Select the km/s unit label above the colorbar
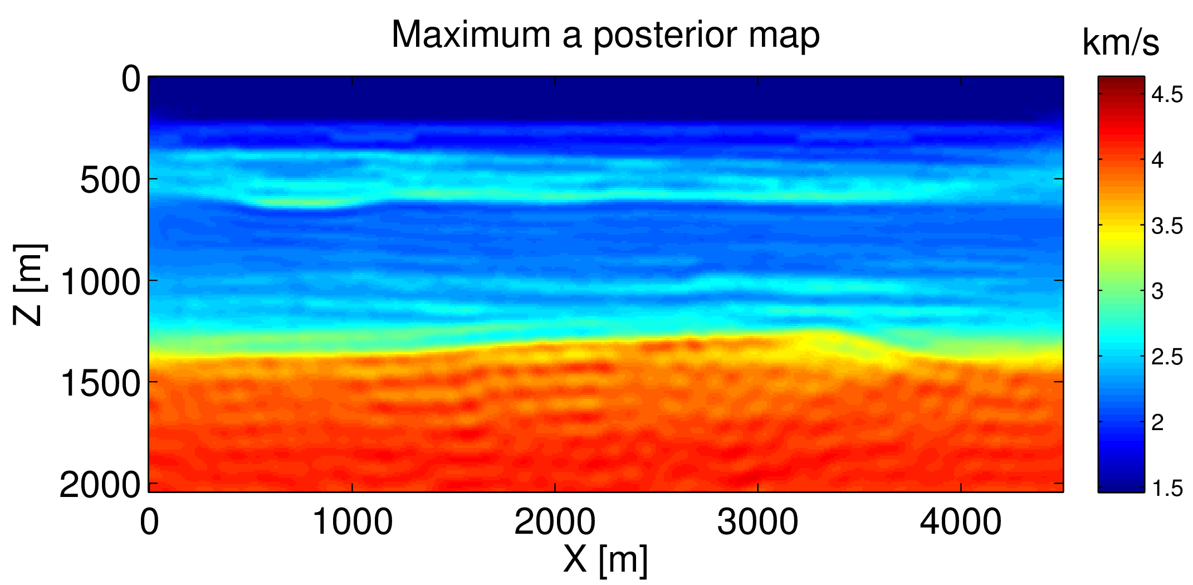pyautogui.click(x=1120, y=42)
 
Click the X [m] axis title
pyautogui.click(x=605, y=559)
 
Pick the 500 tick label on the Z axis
pyautogui.click(x=110, y=181)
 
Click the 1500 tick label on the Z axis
pyautogui.click(x=100, y=383)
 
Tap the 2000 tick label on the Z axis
pyautogui.click(x=100, y=485)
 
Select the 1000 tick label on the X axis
pyautogui.click(x=352, y=523)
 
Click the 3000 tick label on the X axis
pyautogui.click(x=757, y=523)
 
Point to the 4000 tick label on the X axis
pyautogui.click(x=960, y=523)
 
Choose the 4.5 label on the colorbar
pyautogui.click(x=1167, y=95)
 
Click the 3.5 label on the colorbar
pyautogui.click(x=1167, y=226)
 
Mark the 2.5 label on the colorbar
pyautogui.click(x=1167, y=357)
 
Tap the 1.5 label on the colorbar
pyautogui.click(x=1167, y=488)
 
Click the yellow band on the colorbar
pyautogui.click(x=1121, y=234)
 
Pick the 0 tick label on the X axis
pyautogui.click(x=149, y=523)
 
